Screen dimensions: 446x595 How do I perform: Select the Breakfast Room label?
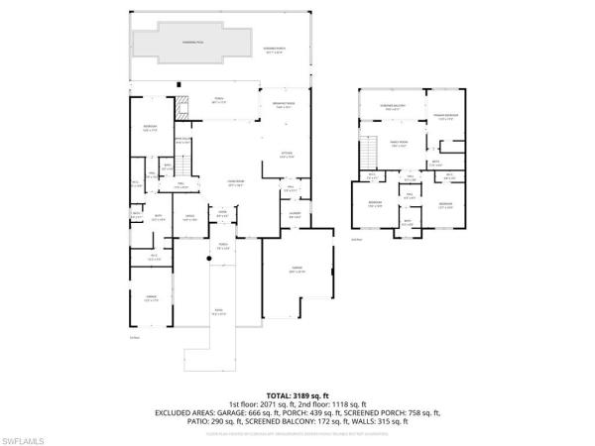click(x=275, y=105)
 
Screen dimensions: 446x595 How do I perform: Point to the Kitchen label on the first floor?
click(x=286, y=155)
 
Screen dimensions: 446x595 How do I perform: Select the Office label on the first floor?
click(x=188, y=218)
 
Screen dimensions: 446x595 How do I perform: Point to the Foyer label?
click(x=223, y=211)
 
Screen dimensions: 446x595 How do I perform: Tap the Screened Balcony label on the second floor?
click(x=393, y=108)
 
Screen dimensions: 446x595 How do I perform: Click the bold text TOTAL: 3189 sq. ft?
click(x=297, y=394)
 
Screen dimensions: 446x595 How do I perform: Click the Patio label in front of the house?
click(x=219, y=314)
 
